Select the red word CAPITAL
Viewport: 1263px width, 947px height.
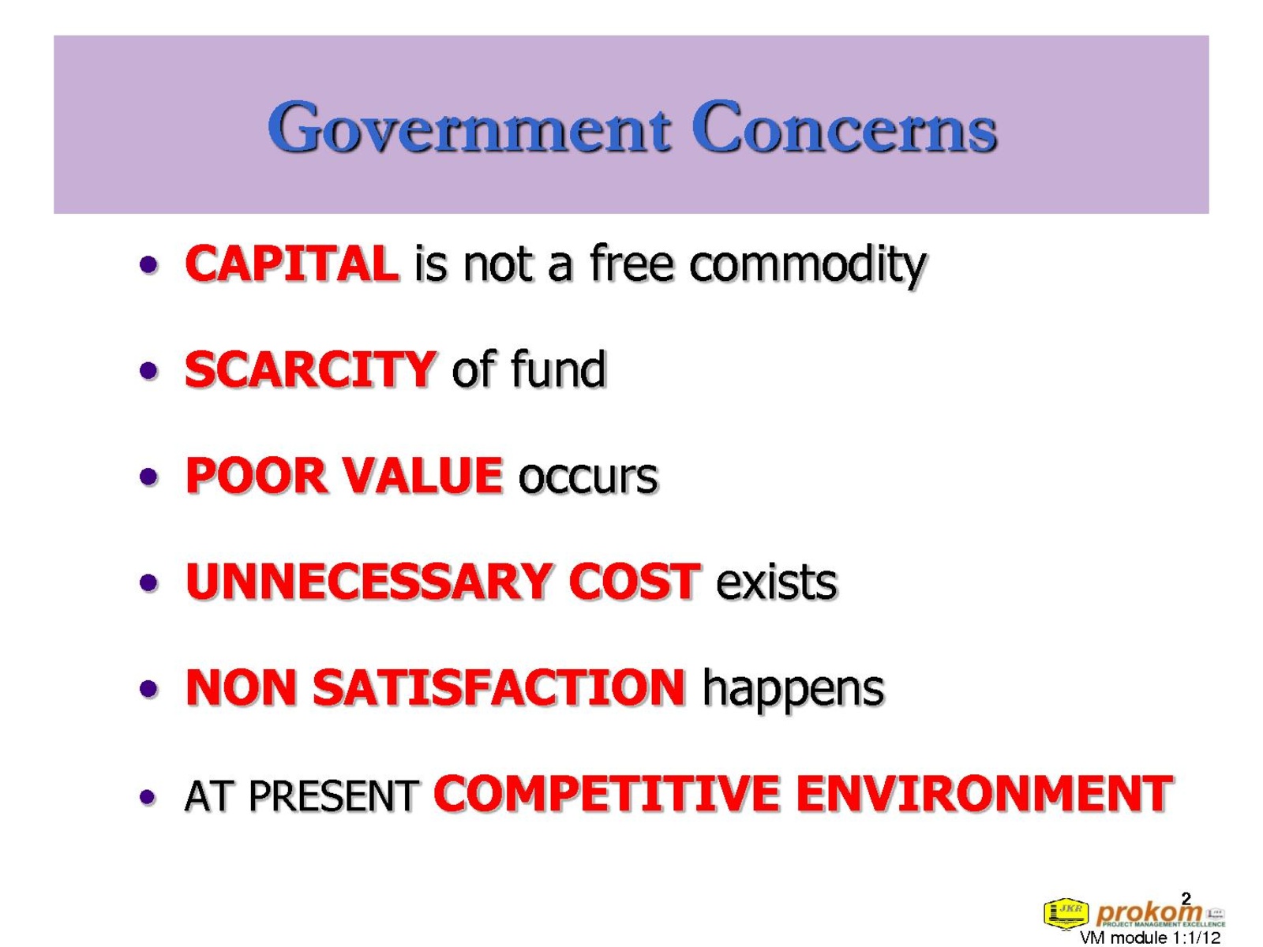292,263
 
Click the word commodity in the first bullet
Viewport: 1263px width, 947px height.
808,266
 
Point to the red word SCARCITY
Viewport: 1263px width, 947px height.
309,369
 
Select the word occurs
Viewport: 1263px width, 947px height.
587,478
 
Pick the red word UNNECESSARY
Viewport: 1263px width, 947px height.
369,582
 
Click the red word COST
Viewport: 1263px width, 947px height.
634,582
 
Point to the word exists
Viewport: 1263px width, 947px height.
776,582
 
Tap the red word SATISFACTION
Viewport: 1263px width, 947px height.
499,687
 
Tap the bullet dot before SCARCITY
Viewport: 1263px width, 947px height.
148,370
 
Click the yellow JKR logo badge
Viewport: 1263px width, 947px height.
1066,912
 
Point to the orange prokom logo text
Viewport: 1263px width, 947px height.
1149,912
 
